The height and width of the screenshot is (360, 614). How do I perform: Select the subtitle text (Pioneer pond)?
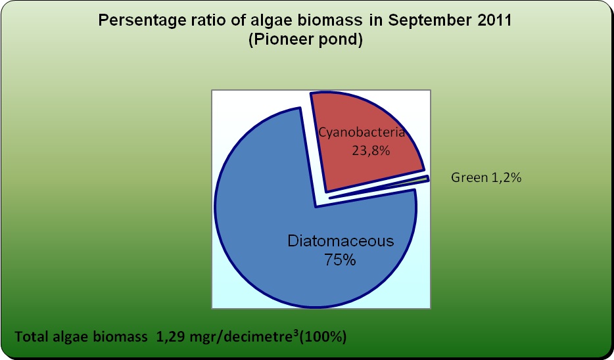pos(306,40)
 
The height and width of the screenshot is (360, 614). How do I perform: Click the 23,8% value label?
pos(371,150)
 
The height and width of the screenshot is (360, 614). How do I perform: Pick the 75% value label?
pos(340,260)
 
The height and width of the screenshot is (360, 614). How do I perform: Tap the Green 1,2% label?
pos(486,177)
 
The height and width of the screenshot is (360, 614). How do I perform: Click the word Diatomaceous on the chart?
pos(341,240)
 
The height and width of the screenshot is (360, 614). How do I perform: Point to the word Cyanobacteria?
pos(362,132)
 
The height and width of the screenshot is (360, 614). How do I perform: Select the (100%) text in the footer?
pos(323,336)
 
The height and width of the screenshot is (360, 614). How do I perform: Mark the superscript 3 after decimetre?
pos(296,332)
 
